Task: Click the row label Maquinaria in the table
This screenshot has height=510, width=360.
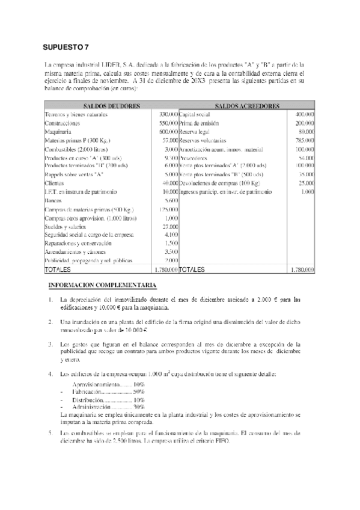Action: pos(58,131)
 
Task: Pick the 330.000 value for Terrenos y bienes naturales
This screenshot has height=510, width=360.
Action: pos(168,114)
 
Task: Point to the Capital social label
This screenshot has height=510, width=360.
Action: pos(195,114)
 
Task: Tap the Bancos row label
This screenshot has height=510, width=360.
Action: pos(53,200)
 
